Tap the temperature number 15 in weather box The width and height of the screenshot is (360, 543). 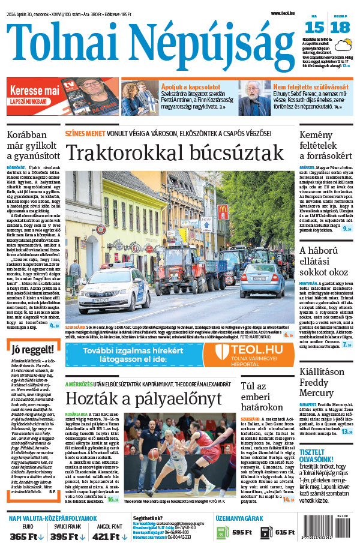(314, 28)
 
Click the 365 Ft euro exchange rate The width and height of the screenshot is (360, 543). (28, 535)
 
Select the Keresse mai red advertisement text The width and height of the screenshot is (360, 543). (34, 91)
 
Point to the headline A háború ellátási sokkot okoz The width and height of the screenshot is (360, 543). (326, 262)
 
